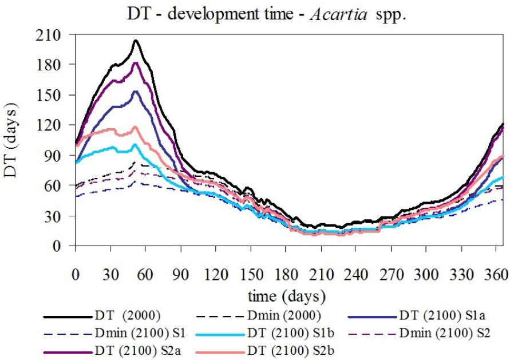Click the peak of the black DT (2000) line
tap(136, 41)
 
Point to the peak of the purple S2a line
tap(136, 63)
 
